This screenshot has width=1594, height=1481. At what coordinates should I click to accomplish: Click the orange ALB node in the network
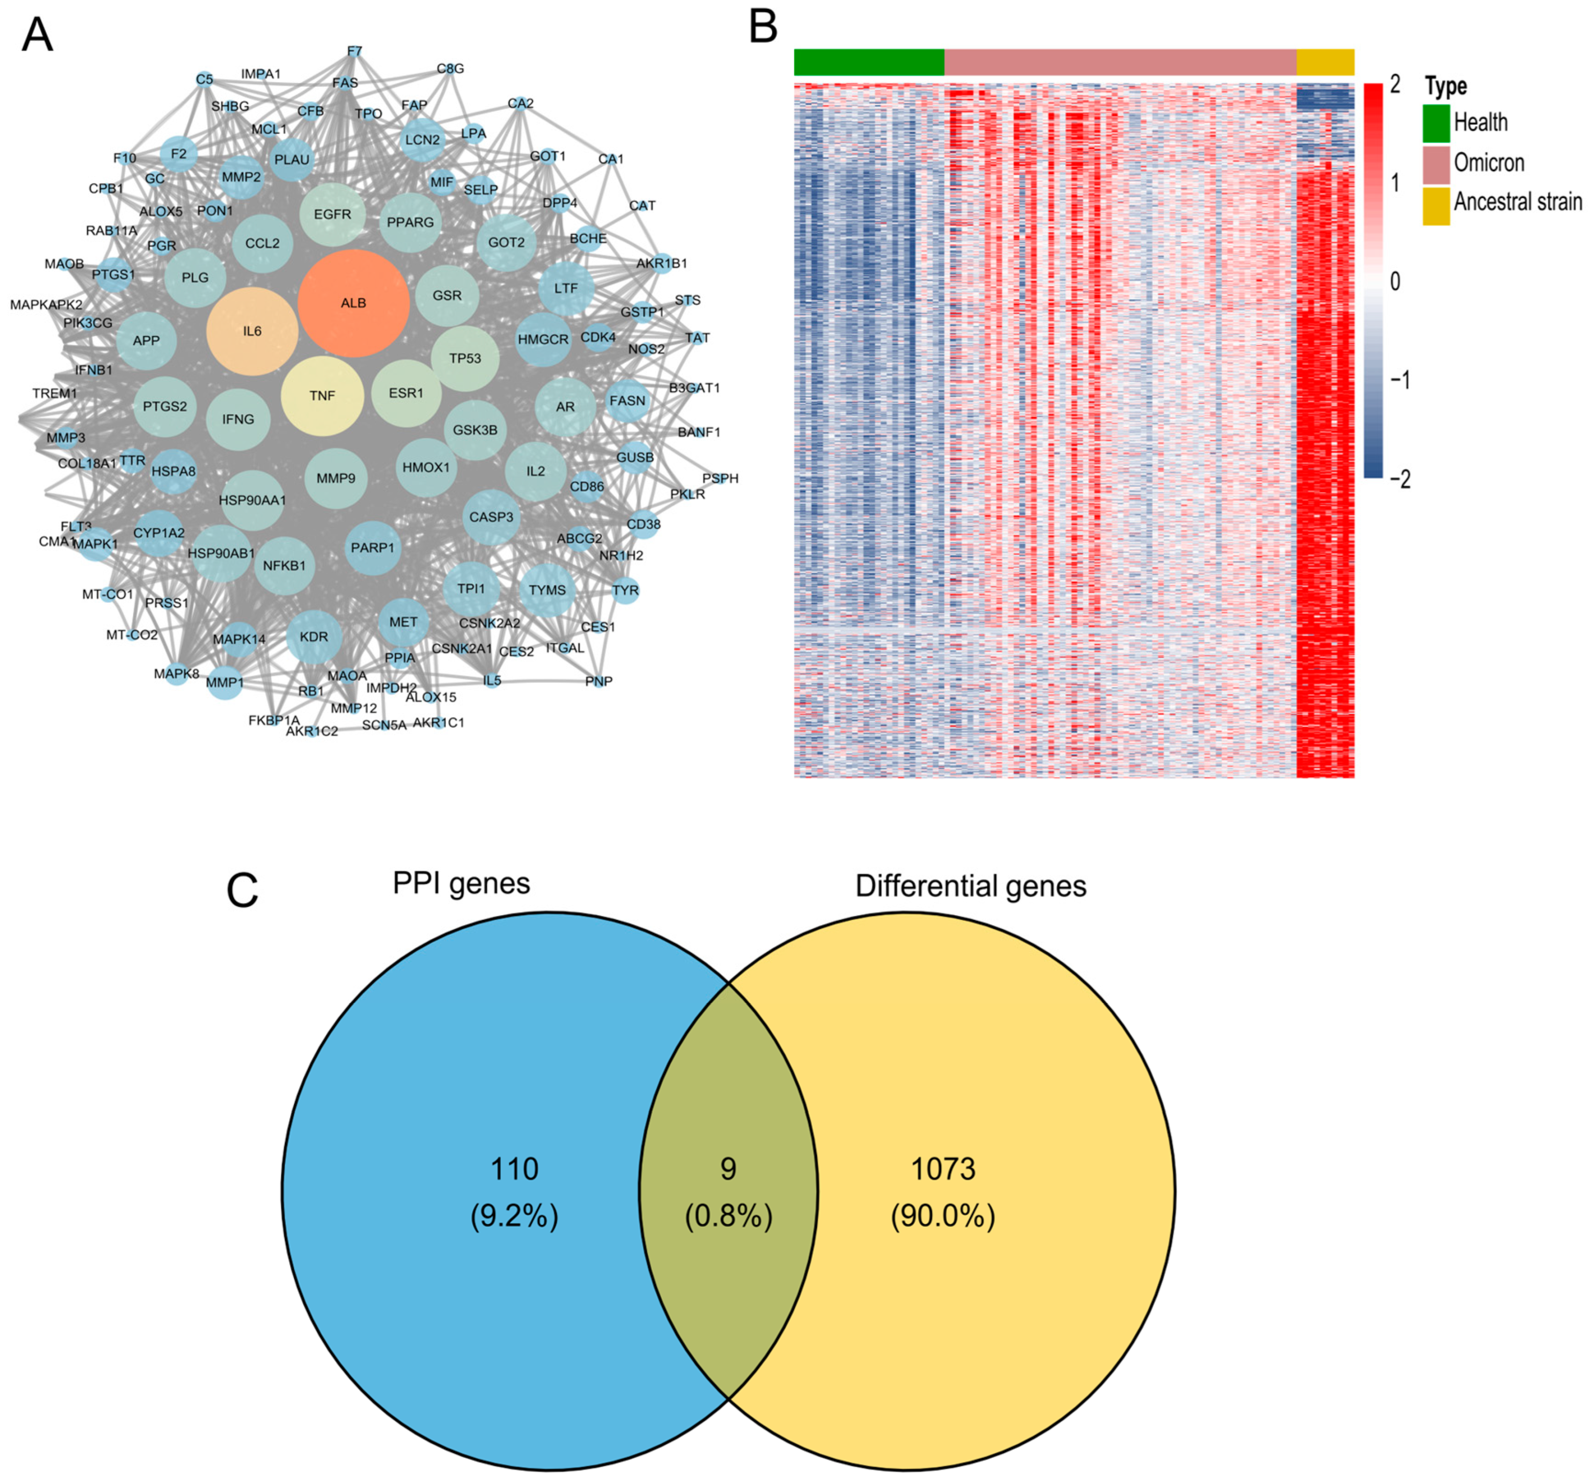353,303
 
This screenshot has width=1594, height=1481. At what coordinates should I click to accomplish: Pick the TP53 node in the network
465,358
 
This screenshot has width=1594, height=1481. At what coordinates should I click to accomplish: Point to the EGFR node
332,214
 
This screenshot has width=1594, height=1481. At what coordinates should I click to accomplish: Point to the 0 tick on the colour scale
1394,281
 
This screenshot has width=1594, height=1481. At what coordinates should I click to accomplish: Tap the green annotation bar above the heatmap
869,62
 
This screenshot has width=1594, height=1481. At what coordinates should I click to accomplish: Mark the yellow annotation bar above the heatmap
1325,62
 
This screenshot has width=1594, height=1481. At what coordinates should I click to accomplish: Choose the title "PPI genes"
461,883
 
